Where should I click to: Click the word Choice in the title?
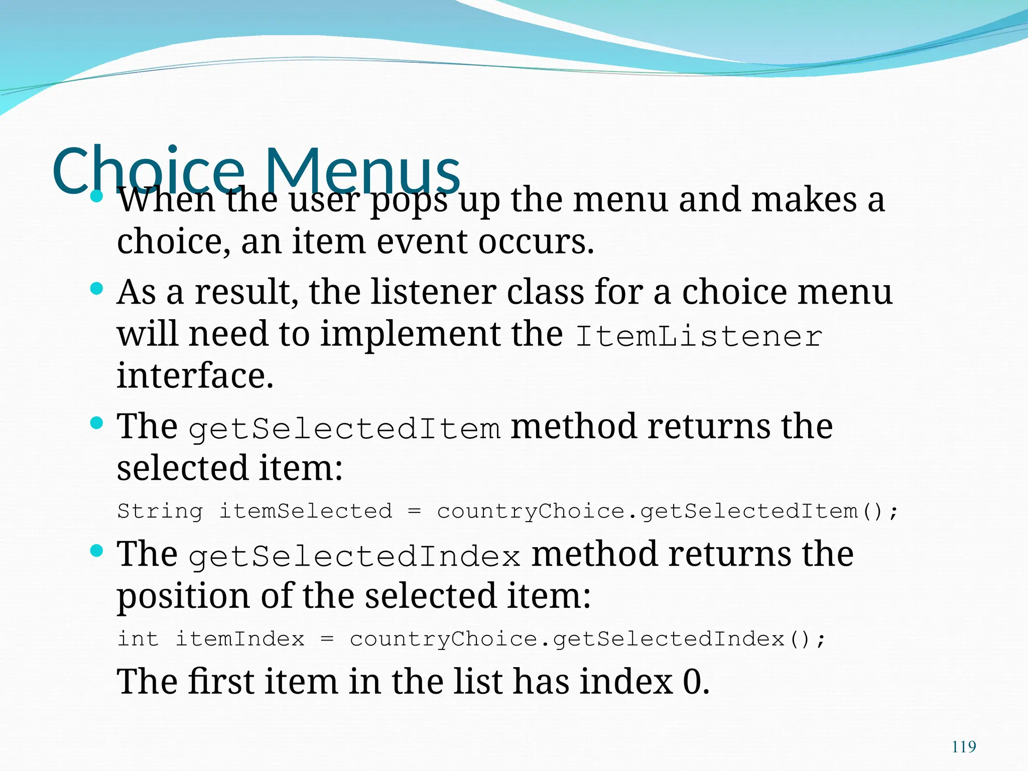click(x=148, y=171)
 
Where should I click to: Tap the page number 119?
click(x=964, y=747)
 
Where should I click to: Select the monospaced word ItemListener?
click(x=699, y=336)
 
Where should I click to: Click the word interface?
click(x=195, y=375)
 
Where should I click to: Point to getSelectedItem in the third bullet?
click(x=344, y=429)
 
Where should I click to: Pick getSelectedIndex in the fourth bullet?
click(x=354, y=557)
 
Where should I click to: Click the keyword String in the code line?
click(x=160, y=511)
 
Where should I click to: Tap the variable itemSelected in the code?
click(x=306, y=511)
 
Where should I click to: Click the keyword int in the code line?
click(x=138, y=639)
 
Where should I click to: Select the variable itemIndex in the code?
click(x=240, y=639)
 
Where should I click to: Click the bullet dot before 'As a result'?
click(x=96, y=289)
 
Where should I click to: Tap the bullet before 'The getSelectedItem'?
click(x=96, y=423)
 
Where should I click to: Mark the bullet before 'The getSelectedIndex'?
click(x=96, y=551)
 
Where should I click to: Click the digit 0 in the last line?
click(x=692, y=682)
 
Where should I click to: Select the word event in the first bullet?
click(x=422, y=241)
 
